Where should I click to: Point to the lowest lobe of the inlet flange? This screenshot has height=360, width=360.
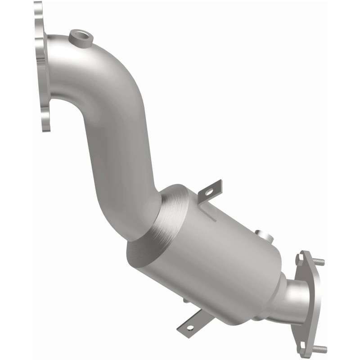45,121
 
